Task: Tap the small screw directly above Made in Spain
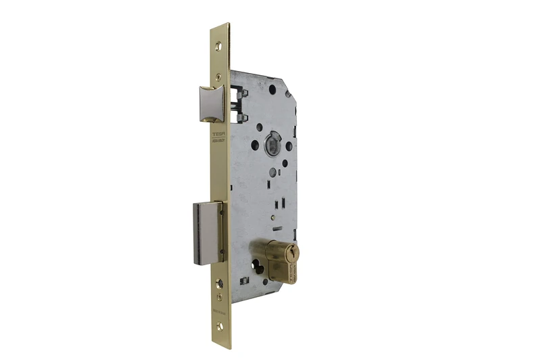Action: point(218,296)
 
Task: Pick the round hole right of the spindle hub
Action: point(289,145)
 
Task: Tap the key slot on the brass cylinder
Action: point(291,253)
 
